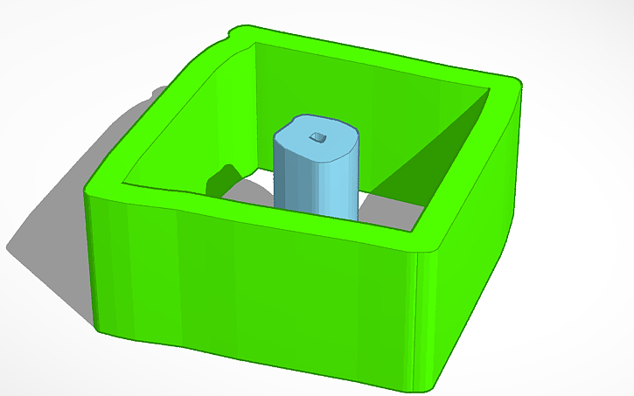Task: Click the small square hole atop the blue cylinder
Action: coord(320,137)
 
